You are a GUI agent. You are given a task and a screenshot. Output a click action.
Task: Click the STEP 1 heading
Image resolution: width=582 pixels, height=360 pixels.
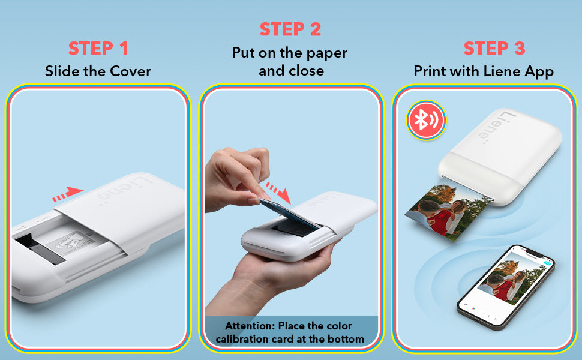tap(98, 49)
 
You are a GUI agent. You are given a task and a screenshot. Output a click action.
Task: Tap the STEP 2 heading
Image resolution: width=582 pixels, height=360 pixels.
tap(290, 29)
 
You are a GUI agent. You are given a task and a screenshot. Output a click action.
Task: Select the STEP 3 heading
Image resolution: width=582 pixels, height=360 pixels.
tap(494, 49)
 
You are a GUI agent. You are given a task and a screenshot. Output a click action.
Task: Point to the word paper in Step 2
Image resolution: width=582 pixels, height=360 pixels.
tap(327, 53)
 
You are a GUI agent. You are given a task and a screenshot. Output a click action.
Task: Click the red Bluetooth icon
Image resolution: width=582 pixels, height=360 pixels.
tap(426, 120)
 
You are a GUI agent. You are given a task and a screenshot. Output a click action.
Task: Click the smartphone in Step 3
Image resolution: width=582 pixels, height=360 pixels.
tap(506, 287)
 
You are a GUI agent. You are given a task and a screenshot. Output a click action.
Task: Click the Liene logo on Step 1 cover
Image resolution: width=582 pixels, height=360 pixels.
tap(125, 191)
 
